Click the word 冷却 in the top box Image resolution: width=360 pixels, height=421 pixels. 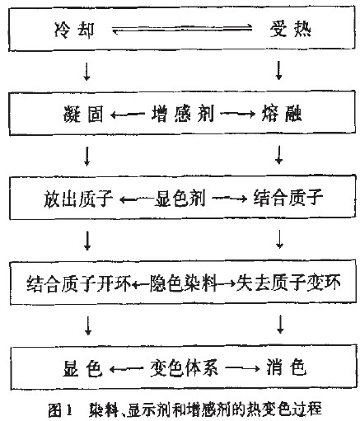click(74, 30)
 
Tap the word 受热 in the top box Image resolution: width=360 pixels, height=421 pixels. click(291, 29)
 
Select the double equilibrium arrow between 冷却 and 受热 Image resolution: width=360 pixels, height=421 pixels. click(182, 29)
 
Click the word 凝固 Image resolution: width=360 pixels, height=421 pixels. click(83, 114)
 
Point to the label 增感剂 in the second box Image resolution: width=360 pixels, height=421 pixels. click(183, 114)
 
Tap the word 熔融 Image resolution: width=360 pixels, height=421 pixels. click(282, 113)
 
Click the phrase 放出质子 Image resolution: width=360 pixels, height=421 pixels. click(78, 199)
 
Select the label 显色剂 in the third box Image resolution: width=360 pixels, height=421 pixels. click(180, 199)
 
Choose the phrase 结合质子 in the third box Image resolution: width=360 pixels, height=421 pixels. click(288, 198)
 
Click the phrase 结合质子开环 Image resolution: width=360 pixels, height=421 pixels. click(79, 283)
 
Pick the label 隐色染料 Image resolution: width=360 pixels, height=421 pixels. click(183, 283)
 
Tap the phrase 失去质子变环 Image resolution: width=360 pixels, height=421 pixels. click(288, 283)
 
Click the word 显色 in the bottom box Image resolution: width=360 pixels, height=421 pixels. click(82, 368)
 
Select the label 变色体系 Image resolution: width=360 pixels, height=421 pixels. click(185, 367)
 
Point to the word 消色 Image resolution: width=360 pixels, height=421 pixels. click(286, 367)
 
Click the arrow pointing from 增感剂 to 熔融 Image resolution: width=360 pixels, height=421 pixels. click(238, 114)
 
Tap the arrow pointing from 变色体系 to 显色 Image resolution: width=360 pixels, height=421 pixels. click(127, 369)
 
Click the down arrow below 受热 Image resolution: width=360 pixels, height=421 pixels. click(279, 70)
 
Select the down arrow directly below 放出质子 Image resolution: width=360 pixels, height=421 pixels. click(87, 241)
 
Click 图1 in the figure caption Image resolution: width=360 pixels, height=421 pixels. click(60, 410)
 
